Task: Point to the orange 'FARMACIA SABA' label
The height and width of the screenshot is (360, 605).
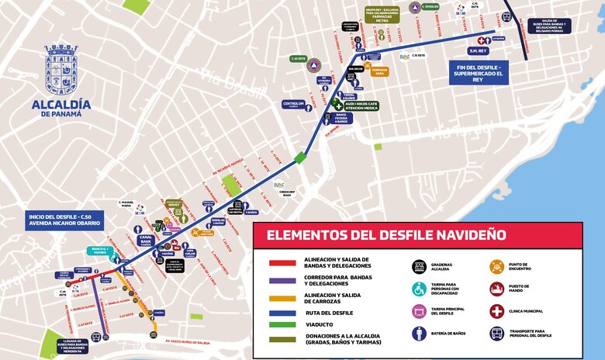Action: coord(380,71)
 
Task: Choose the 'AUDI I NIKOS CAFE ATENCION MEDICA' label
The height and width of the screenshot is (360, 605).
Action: coord(361,105)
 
